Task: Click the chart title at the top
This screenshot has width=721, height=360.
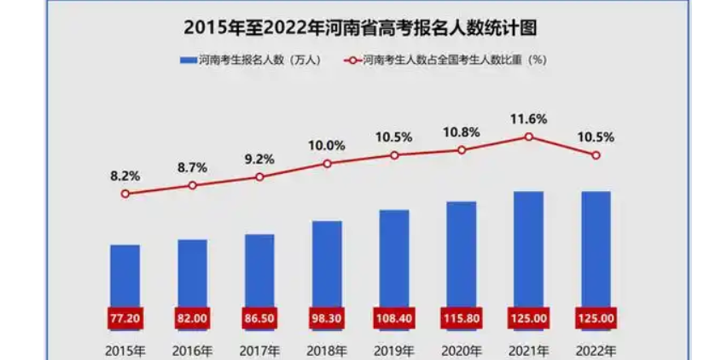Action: click(360, 26)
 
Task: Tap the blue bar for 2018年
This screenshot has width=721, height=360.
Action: click(327, 264)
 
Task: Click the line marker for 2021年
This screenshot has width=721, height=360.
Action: click(529, 136)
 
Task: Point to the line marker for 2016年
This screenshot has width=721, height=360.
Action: click(193, 185)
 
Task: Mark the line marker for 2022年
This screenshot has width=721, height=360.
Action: click(596, 155)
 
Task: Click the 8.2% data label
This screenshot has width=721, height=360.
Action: click(125, 176)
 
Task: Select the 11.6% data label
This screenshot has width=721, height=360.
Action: click(529, 119)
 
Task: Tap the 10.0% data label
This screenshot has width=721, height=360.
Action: click(327, 145)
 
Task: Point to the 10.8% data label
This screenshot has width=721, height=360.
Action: click(462, 132)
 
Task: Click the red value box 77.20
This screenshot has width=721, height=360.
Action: click(125, 318)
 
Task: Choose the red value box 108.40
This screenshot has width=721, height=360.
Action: click(394, 318)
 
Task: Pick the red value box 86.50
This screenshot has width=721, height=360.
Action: click(259, 318)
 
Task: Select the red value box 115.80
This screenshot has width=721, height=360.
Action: click(462, 318)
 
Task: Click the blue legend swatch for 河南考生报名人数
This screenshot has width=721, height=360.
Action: click(188, 61)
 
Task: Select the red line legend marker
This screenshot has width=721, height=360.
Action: click(350, 61)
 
